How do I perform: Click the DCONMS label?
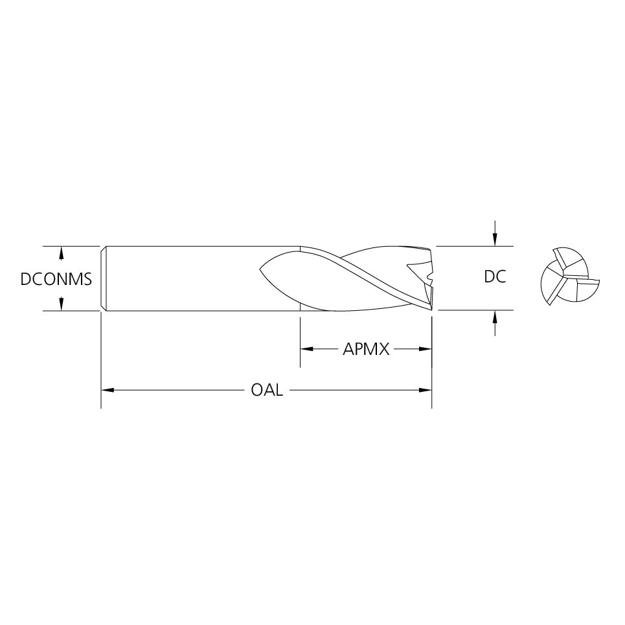pos(56,279)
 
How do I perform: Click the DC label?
pos(495,277)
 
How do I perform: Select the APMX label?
pos(366,350)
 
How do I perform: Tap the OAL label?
pos(266,391)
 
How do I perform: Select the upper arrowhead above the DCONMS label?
pos(62,251)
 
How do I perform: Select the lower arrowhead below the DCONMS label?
pos(62,305)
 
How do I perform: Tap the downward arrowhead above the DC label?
pos(495,241)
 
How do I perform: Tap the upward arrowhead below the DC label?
pos(495,316)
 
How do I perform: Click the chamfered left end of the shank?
pos(104,278)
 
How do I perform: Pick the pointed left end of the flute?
pos(260,269)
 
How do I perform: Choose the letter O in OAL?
pos(256,391)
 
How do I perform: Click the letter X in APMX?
pos(383,350)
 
